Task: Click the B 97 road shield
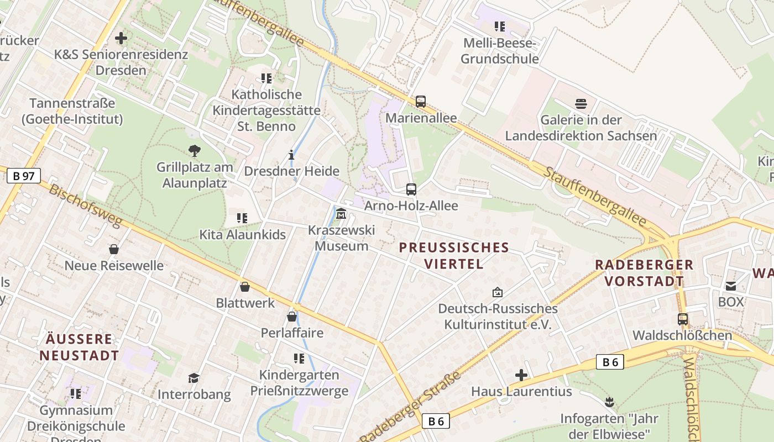(x=24, y=176)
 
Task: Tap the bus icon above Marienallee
(x=421, y=102)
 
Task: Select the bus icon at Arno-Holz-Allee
(x=411, y=190)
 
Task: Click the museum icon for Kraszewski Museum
(x=341, y=213)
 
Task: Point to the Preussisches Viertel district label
(x=454, y=255)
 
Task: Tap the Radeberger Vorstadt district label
(x=644, y=272)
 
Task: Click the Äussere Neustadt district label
(x=79, y=347)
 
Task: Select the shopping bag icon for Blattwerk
(x=245, y=287)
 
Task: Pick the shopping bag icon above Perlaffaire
(x=292, y=317)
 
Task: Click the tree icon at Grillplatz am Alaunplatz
(x=194, y=150)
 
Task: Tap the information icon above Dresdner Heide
(x=292, y=155)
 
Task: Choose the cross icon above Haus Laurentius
(x=521, y=376)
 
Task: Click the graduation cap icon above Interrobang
(x=193, y=378)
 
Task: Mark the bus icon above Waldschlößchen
(x=683, y=319)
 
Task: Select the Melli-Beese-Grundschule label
(x=500, y=51)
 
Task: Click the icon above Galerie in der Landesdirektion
(x=581, y=104)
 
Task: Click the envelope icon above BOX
(x=731, y=286)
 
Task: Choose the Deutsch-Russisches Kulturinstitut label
(x=498, y=316)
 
